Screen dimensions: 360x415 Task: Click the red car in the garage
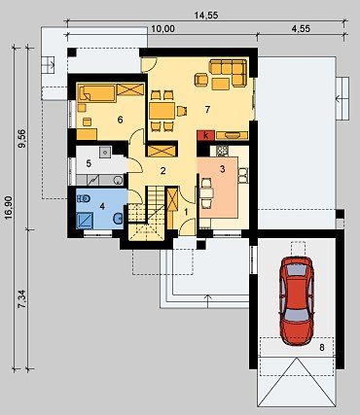(297, 301)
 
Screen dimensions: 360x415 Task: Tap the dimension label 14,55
(206, 15)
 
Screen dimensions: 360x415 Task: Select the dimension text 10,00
(162, 29)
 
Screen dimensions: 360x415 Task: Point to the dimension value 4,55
(301, 28)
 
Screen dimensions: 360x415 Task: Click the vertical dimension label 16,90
(9, 207)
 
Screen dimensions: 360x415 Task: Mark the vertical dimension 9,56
(22, 139)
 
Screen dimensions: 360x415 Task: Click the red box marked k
(205, 135)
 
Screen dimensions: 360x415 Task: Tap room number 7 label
(207, 110)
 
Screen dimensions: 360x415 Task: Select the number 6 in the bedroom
(120, 120)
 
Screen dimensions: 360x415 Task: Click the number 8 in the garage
(322, 348)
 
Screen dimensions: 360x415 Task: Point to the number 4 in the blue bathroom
(102, 206)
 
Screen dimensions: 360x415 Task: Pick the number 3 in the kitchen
(222, 169)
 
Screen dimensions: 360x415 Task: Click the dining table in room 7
(162, 111)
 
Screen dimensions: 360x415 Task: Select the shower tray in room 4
(85, 220)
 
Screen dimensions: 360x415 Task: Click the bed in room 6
(96, 92)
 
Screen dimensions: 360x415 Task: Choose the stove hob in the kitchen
(223, 150)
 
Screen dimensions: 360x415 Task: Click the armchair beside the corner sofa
(201, 80)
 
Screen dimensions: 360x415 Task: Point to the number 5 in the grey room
(89, 163)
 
